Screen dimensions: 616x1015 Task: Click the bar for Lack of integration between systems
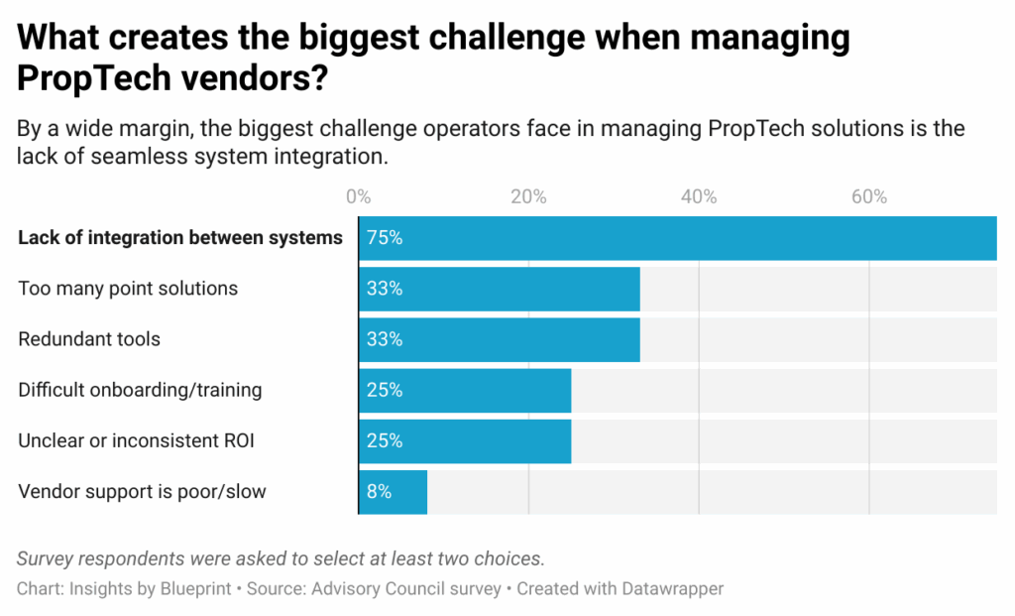(677, 238)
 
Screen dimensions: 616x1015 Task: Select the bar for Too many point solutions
(499, 289)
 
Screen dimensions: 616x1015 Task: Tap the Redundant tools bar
(499, 339)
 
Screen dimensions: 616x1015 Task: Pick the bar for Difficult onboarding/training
(465, 390)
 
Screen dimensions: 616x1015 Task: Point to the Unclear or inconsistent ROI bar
(465, 440)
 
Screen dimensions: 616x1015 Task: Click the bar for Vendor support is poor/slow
(394, 491)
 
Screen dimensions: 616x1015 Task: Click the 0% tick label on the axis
(358, 196)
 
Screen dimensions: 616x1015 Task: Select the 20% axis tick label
(528, 196)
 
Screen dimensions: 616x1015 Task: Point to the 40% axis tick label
(699, 196)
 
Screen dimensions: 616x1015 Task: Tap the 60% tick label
(869, 196)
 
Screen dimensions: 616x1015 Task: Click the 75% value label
(385, 238)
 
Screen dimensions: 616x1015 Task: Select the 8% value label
(380, 491)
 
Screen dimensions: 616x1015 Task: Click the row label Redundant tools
(89, 339)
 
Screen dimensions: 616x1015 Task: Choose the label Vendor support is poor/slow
(142, 491)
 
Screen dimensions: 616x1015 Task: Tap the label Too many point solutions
(128, 289)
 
